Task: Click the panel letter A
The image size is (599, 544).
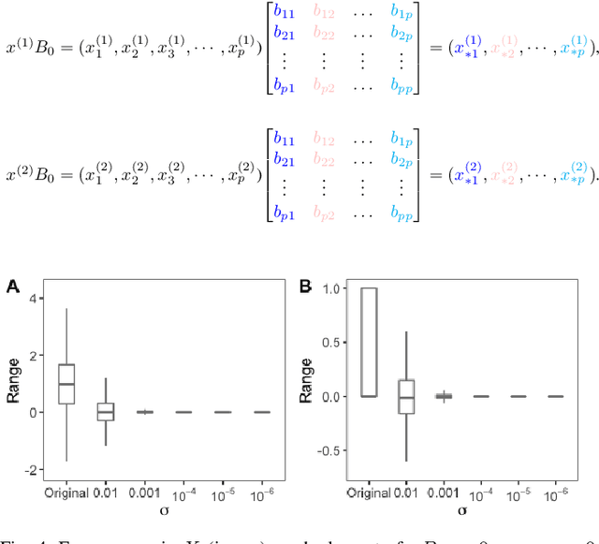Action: (x=12, y=286)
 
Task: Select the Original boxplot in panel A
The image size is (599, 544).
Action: (x=66, y=383)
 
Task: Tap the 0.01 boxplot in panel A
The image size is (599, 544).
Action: (x=106, y=411)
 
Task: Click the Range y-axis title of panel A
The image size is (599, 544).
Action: (x=13, y=384)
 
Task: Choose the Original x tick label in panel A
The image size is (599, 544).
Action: (x=66, y=493)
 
